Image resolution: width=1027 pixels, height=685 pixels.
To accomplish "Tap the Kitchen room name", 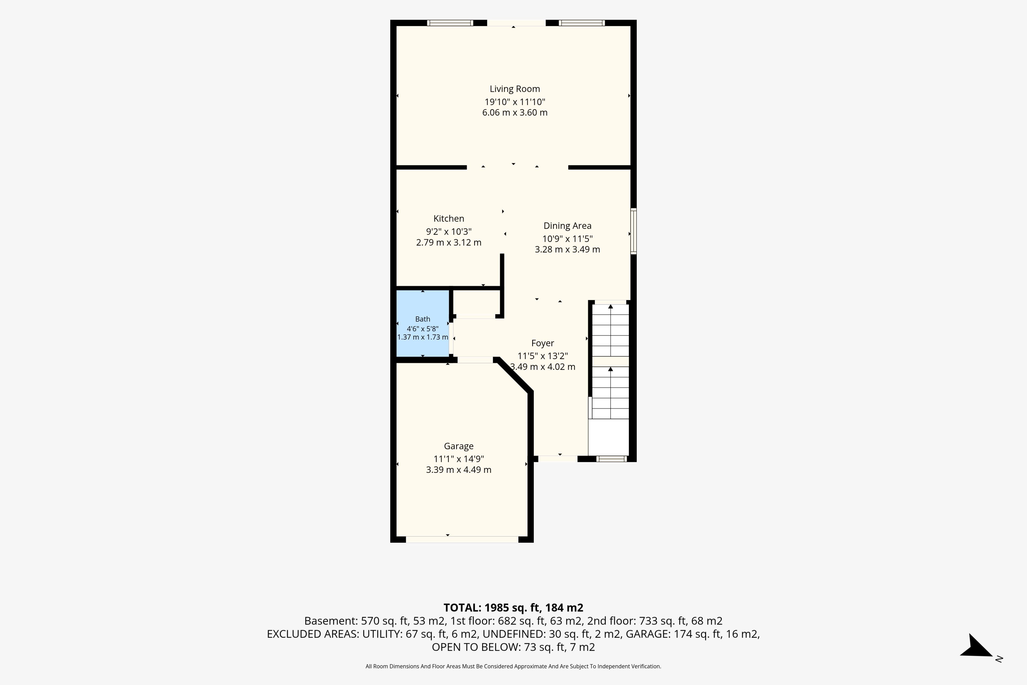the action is tap(449, 218).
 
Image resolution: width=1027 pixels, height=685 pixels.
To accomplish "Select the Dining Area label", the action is tap(567, 226).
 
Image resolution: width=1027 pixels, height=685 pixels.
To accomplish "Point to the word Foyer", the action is tap(543, 343).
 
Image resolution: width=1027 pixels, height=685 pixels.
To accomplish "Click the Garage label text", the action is tap(458, 446).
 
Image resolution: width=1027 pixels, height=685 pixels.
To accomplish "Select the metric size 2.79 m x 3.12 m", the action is tap(449, 242).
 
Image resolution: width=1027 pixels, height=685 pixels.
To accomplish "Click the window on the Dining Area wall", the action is tap(634, 231).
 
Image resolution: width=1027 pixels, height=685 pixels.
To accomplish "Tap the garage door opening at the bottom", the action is tap(462, 539).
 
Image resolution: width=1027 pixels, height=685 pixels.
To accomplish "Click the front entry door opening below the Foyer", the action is tap(558, 459).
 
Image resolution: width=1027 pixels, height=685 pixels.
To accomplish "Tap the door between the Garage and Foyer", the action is tap(475, 360).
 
